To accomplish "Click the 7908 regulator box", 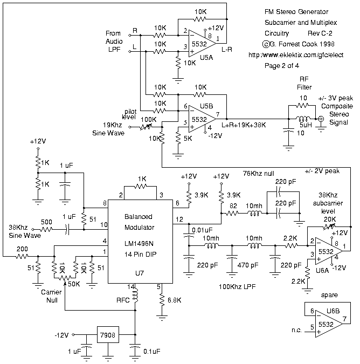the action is (108, 335).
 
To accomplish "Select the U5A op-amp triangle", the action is (202, 43).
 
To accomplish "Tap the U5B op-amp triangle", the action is (202, 119).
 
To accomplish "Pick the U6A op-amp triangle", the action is (329, 251).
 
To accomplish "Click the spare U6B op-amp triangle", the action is (329, 324).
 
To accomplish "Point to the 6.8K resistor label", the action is (174, 300).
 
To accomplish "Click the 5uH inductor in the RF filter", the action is (303, 119).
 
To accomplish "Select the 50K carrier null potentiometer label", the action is (74, 284).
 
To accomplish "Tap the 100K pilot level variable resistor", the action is (146, 127).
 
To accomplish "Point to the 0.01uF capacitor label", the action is (202, 230).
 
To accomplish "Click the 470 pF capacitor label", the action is (248, 265).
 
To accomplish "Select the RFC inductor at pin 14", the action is (135, 296).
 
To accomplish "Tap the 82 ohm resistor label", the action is (233, 206).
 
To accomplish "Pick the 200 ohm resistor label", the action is (22, 249).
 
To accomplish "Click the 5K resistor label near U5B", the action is (188, 139).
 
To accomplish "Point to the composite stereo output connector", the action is (321, 119).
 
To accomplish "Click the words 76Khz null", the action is (258, 174).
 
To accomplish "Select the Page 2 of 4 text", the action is (282, 66).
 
